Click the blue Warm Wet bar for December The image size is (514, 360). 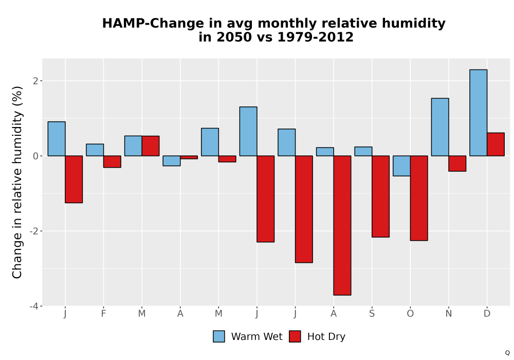point(478,113)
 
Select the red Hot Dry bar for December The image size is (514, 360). point(495,145)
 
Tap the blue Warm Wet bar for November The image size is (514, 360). point(440,127)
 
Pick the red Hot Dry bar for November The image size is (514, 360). point(457,163)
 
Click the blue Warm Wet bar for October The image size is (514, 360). point(401,166)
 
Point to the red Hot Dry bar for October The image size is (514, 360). point(419,198)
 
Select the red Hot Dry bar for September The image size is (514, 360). point(380,196)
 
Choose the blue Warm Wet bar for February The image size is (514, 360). point(95,150)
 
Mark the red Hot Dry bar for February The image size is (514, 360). point(112,161)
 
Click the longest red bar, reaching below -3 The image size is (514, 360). point(342,225)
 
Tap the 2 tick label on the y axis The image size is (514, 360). point(36,81)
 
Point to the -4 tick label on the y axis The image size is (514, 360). point(34,306)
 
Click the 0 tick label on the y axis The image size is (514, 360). point(36,156)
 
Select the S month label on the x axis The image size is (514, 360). point(372,314)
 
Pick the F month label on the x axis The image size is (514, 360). point(104,314)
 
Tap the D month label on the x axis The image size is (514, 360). point(487,314)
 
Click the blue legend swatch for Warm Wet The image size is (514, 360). point(219,336)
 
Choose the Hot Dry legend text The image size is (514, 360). point(326,337)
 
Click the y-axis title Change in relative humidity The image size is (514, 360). point(17,182)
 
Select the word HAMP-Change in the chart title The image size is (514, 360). point(153,24)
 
